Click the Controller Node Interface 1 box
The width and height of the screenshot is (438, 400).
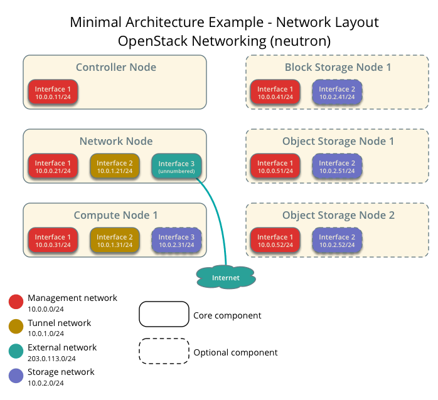tap(53, 93)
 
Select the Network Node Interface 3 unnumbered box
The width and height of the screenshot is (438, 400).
tap(176, 167)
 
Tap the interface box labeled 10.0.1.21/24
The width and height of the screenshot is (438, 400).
tap(114, 167)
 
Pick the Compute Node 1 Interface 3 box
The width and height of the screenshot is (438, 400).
tap(176, 241)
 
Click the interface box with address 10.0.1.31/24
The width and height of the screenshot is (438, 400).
tap(114, 241)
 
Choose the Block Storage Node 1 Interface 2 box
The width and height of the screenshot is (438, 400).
tap(337, 93)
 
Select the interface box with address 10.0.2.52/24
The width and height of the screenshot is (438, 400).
tap(337, 241)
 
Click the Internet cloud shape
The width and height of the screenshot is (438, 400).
tap(226, 276)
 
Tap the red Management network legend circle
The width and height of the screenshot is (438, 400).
tap(16, 302)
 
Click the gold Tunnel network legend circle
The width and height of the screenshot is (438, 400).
tap(16, 327)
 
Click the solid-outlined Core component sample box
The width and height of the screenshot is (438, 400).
tap(164, 314)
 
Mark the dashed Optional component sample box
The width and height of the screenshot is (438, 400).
tap(164, 351)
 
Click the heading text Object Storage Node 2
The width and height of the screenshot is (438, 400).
tap(338, 215)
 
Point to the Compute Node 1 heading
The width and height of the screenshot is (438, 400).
tap(115, 215)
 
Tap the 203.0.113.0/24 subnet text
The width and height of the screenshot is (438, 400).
tap(52, 359)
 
